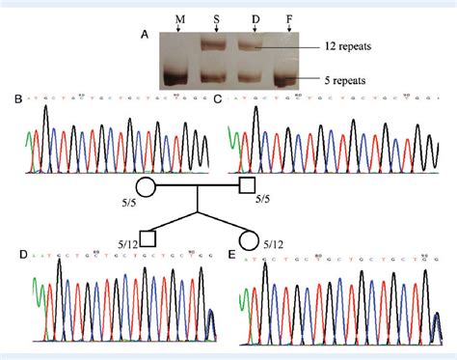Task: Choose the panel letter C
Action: click(217, 98)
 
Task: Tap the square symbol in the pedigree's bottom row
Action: click(148, 236)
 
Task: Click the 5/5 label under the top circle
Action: click(128, 201)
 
